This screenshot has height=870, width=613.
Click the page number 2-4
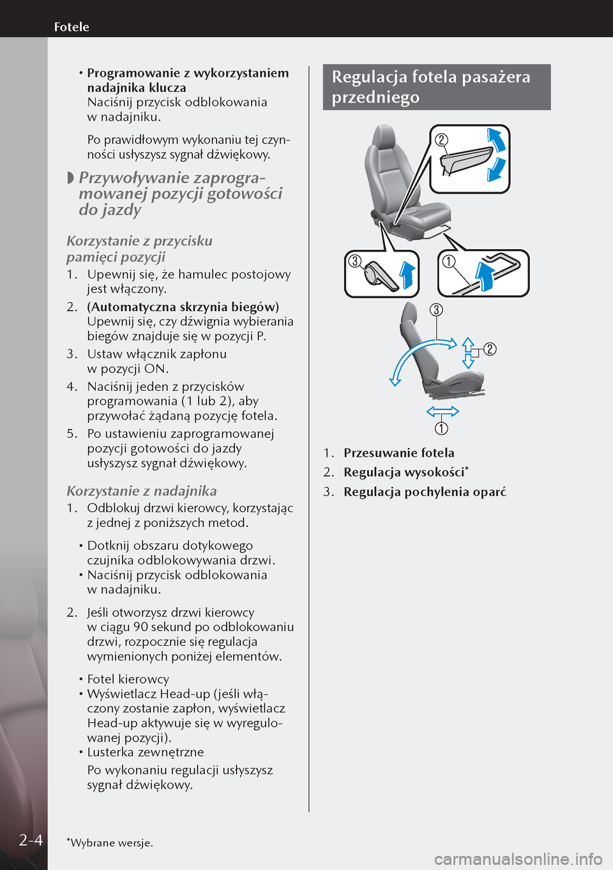pyautogui.click(x=31, y=839)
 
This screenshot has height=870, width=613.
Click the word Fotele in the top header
pyautogui.click(x=72, y=27)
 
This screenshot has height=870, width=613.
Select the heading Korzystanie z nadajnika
pyautogui.click(x=142, y=491)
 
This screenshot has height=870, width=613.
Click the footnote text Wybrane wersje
pyautogui.click(x=111, y=843)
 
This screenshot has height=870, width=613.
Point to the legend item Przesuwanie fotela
pyautogui.click(x=398, y=453)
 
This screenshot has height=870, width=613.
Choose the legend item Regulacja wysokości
pyautogui.click(x=404, y=472)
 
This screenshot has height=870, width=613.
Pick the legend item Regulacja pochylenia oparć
pyautogui.click(x=425, y=492)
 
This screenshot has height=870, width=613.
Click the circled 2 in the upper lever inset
pyautogui.click(x=441, y=140)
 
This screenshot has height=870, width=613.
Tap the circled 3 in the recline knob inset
pyautogui.click(x=355, y=261)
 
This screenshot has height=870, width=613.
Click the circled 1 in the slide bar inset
pyautogui.click(x=449, y=261)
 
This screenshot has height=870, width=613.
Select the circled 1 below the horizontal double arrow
pyautogui.click(x=441, y=428)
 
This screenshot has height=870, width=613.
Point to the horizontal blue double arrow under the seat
pyautogui.click(x=442, y=411)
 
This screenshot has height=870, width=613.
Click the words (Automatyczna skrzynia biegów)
pyautogui.click(x=183, y=307)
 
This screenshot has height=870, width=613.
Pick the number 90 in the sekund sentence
pyautogui.click(x=140, y=627)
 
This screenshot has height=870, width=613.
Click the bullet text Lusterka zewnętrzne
pyautogui.click(x=146, y=752)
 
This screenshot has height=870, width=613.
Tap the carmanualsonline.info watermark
pyautogui.click(x=518, y=859)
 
